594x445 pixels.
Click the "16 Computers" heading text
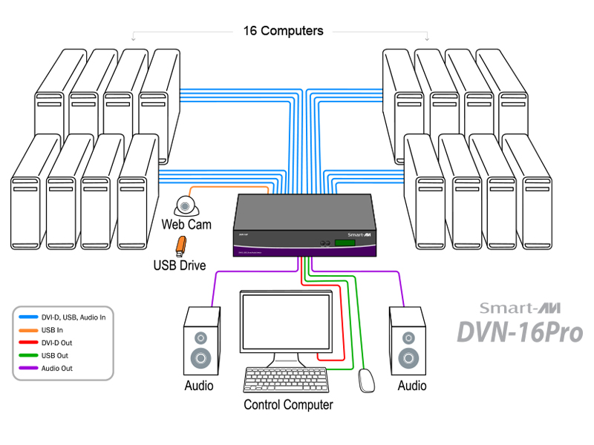283,31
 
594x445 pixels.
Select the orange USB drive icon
180,244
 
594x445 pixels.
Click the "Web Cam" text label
186,224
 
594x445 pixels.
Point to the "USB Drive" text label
180,265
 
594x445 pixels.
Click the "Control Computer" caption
288,405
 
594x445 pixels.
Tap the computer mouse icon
366,380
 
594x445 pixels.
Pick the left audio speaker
201,340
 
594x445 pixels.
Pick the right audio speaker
408,340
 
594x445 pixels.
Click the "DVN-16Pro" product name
519,332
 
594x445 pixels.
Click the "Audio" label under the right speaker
412,386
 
